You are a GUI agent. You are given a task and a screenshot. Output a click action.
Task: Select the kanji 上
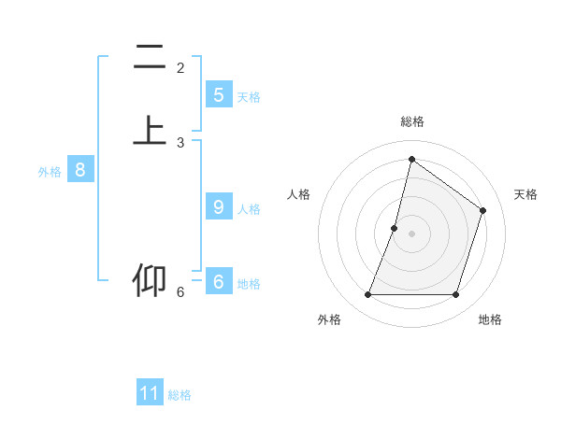pos(150,131)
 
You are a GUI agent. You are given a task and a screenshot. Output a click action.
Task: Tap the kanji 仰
pos(150,281)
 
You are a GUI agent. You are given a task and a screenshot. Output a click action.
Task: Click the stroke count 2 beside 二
pos(180,67)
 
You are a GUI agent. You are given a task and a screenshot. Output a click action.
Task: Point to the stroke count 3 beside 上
pos(180,142)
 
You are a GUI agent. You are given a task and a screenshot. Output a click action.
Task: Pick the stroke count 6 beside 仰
pos(180,292)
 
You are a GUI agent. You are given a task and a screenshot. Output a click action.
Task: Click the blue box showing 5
pos(218,95)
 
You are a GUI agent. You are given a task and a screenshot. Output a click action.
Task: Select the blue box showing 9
pos(218,207)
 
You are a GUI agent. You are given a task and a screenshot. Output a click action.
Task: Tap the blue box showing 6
pos(218,282)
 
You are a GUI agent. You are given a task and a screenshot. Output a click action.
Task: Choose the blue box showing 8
pos(80,170)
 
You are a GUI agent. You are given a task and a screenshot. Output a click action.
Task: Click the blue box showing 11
pos(150,393)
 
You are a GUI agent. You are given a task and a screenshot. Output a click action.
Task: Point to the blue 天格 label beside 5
pos(249,97)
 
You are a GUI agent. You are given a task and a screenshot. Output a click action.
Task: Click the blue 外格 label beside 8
pos(50,172)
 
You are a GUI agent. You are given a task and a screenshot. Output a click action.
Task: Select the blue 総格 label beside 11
pos(180,395)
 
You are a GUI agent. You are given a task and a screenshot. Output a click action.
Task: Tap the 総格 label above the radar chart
pos(411,121)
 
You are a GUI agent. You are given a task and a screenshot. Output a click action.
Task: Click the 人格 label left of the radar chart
pos(298,194)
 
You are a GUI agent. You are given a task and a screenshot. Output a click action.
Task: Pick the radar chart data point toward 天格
pos(483,210)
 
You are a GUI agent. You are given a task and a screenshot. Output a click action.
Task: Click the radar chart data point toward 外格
pos(367,295)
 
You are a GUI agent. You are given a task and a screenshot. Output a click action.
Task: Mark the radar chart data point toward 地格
pos(455,295)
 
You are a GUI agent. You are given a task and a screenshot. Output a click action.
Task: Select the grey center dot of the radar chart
pos(411,234)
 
